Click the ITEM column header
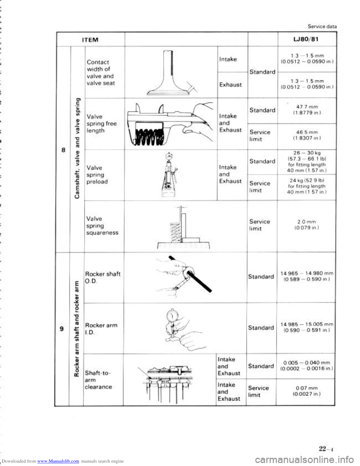90,39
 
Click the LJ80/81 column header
305,39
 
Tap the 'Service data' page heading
322,26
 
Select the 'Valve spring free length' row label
101,123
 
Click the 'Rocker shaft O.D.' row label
102,277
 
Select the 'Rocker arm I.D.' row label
101,329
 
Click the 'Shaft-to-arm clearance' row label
99,380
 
